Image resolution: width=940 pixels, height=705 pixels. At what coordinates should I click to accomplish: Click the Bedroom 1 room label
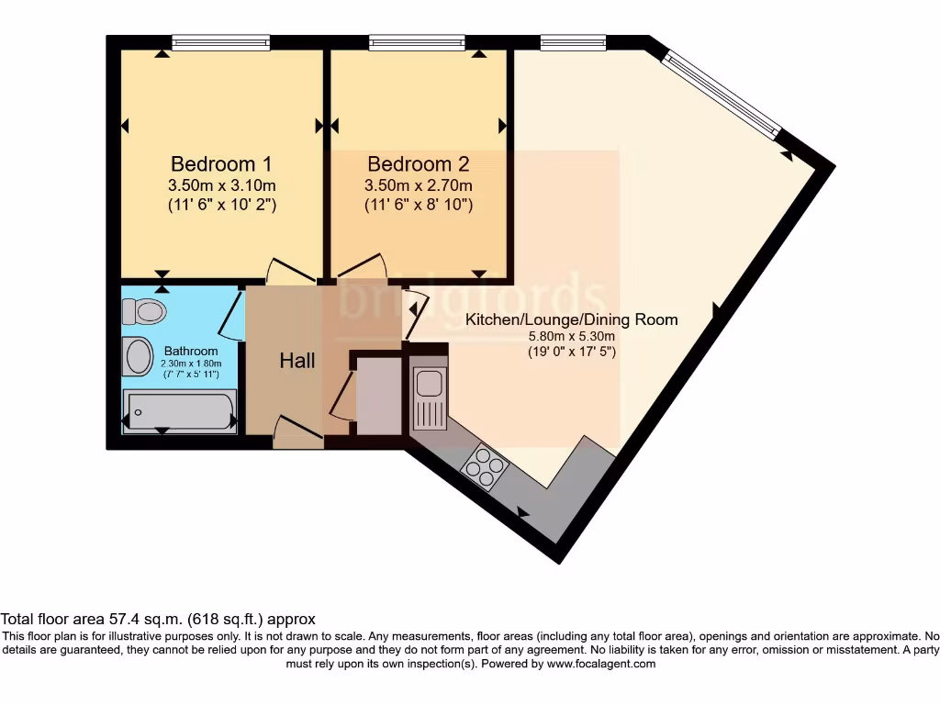(221, 164)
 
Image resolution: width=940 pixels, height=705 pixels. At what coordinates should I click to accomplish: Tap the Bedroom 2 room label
(419, 164)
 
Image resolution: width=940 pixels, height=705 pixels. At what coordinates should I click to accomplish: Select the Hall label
(297, 361)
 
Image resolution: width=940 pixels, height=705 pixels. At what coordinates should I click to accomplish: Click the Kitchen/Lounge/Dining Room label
(571, 319)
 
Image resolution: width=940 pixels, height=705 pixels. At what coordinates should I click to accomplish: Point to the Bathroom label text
(191, 351)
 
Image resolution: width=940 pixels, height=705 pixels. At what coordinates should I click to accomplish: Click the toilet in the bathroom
(144, 311)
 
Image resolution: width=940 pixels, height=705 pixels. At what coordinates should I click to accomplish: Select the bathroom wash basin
(139, 356)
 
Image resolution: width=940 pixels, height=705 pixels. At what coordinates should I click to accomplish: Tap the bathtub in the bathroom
(180, 410)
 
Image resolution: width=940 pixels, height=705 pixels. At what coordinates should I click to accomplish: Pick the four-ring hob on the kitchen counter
(484, 465)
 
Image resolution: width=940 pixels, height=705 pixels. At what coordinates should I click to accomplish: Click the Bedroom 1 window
(220, 42)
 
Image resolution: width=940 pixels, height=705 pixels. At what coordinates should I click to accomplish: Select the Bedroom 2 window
(417, 42)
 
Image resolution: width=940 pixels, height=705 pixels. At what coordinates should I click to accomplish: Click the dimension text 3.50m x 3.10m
(221, 185)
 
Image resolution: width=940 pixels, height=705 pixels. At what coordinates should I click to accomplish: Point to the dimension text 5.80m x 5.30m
(571, 337)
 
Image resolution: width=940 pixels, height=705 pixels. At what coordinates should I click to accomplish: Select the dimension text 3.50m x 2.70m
(419, 185)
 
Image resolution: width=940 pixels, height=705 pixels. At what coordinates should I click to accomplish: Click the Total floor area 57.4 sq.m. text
(158, 620)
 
